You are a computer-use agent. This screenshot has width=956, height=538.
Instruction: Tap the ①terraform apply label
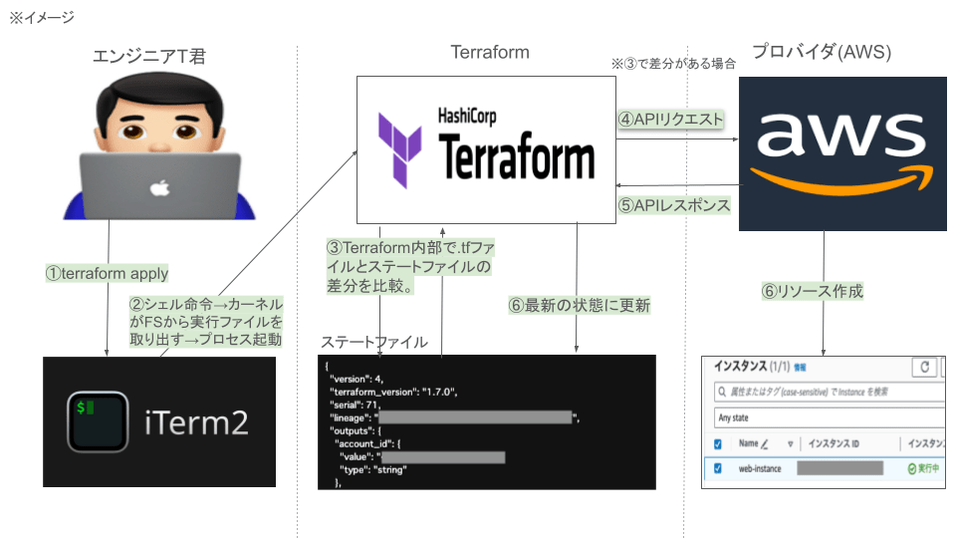[107, 273]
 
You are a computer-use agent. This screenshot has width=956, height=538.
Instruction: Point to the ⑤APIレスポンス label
[674, 205]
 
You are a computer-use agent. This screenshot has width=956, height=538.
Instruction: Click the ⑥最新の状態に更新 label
[579, 306]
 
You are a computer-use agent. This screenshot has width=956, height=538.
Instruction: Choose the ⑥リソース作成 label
[811, 292]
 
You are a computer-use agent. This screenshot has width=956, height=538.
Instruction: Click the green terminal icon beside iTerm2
[98, 421]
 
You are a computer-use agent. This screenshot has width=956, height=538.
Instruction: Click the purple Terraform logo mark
[401, 150]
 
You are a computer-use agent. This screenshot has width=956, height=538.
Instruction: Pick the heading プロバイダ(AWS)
[822, 52]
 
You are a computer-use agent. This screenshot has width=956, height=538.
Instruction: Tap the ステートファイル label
[374, 342]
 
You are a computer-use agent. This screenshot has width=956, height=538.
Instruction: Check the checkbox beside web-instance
[719, 467]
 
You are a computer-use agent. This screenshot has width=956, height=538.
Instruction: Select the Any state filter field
[827, 417]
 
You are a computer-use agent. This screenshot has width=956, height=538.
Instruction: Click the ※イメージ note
[41, 17]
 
